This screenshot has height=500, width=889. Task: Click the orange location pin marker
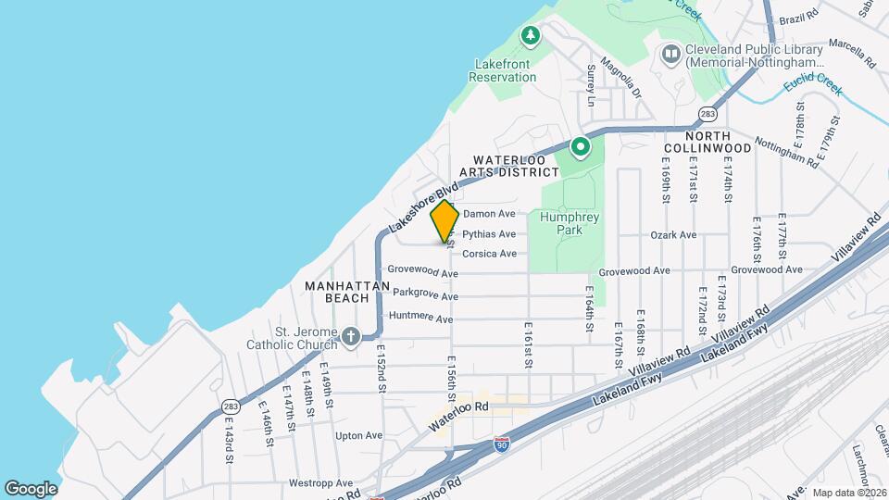pyautogui.click(x=444, y=221)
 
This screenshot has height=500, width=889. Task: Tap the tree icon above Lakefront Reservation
pyautogui.click(x=530, y=36)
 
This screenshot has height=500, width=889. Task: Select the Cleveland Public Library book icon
pyautogui.click(x=670, y=55)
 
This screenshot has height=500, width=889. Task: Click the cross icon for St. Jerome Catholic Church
pyautogui.click(x=350, y=336)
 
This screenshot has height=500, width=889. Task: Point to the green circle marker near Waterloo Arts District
pyautogui.click(x=580, y=146)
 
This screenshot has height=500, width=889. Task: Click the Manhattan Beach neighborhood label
pyautogui.click(x=346, y=292)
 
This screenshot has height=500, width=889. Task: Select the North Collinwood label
pyautogui.click(x=707, y=148)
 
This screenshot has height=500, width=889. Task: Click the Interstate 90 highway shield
pyautogui.click(x=501, y=444)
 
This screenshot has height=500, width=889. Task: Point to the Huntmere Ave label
pyautogui.click(x=421, y=318)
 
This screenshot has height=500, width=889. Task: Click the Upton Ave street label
pyautogui.click(x=358, y=435)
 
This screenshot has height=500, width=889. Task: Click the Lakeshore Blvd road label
pyautogui.click(x=425, y=206)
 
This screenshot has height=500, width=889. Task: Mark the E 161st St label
pyautogui.click(x=528, y=345)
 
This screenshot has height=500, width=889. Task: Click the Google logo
pyautogui.click(x=31, y=489)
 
